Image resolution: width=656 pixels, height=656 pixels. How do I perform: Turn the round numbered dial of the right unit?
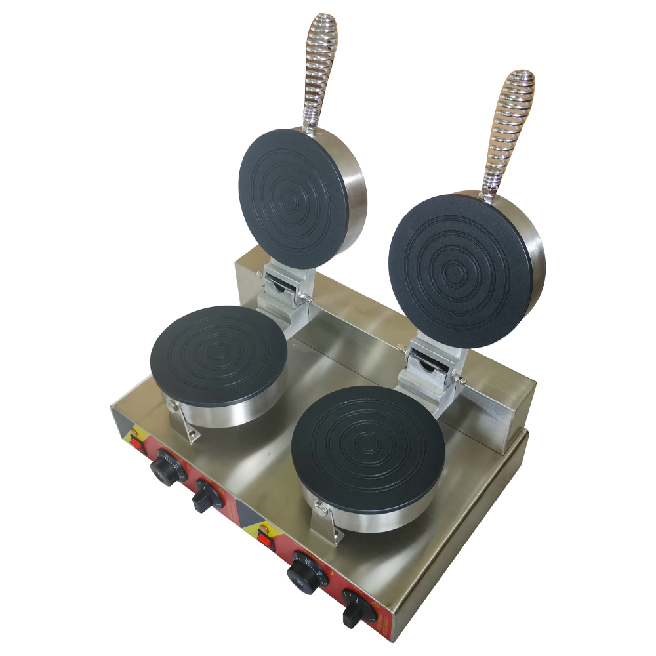click(304, 573)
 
